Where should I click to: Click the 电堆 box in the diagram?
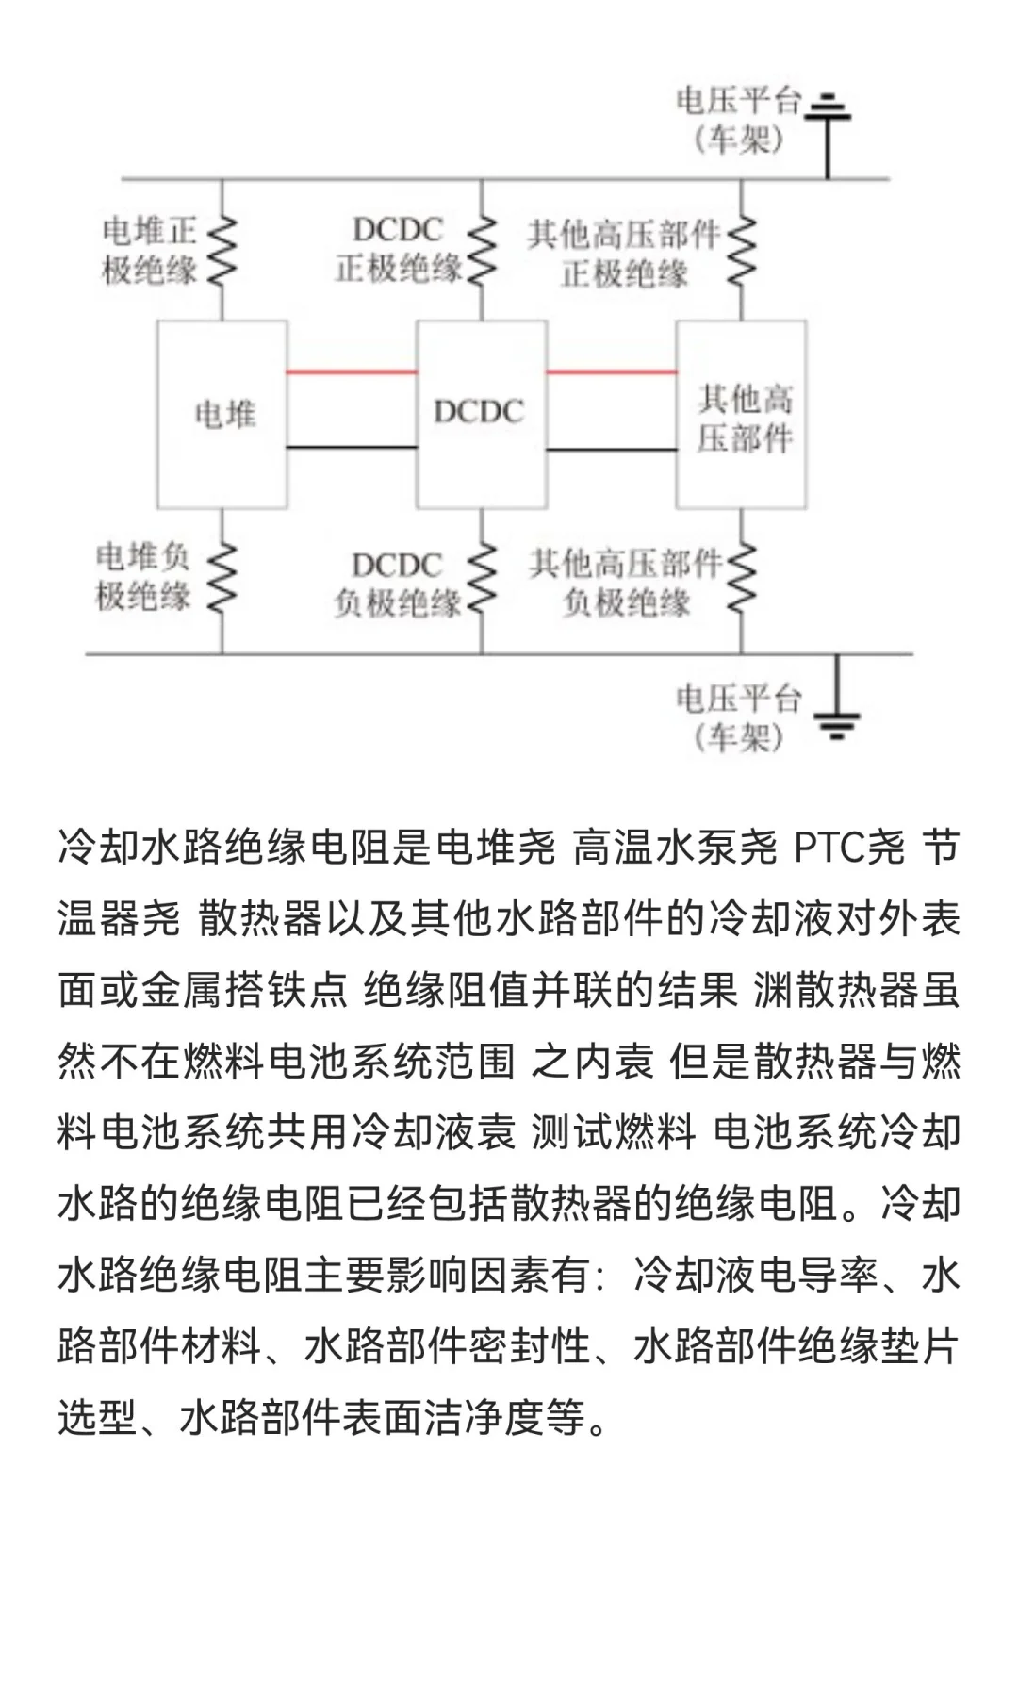click(222, 414)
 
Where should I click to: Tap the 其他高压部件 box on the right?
click(742, 415)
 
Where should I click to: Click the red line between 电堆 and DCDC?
click(352, 371)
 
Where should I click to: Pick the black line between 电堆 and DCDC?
click(352, 447)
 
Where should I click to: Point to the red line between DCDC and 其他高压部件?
click(612, 371)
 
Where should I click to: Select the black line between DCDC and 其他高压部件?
click(612, 450)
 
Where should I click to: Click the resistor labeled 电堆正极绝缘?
click(222, 250)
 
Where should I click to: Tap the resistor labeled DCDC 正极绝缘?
click(482, 250)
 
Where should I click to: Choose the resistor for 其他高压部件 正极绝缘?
click(742, 250)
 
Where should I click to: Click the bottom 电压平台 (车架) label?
click(738, 717)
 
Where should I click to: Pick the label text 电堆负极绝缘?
click(143, 576)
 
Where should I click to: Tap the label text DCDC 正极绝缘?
click(398, 249)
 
